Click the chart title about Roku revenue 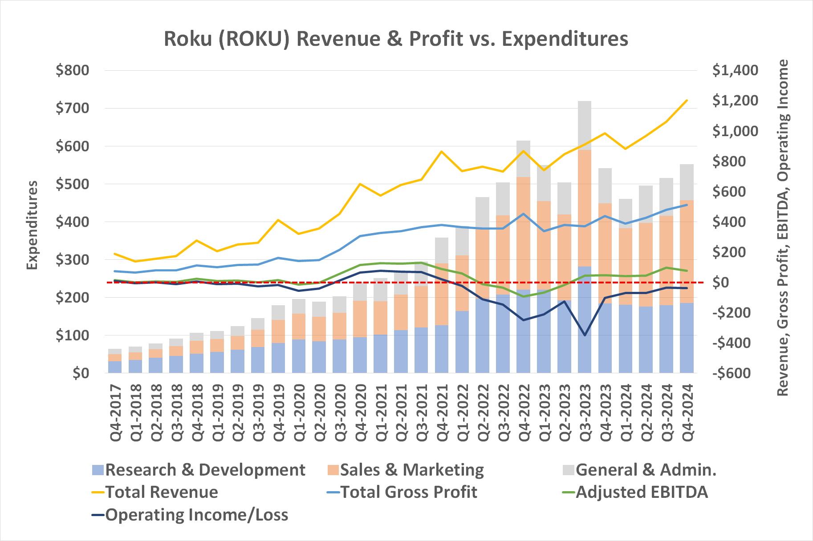(396, 39)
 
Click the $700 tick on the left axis (72, 108)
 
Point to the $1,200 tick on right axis (735, 101)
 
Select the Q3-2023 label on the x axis (585, 412)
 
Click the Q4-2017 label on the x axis (115, 412)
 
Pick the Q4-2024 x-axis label (687, 412)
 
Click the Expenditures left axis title (32, 225)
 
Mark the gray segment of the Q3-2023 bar (585, 125)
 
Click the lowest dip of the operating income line (585, 335)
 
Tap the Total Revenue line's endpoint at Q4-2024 (687, 101)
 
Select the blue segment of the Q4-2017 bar (115, 367)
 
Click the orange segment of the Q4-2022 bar (523, 231)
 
